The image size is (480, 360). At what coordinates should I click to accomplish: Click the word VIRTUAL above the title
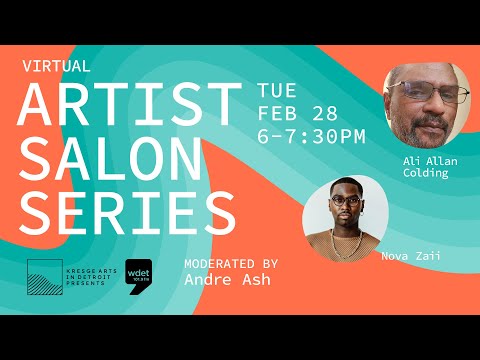(57, 66)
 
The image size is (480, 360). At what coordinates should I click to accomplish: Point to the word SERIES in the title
(126, 211)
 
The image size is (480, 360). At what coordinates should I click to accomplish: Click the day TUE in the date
(277, 90)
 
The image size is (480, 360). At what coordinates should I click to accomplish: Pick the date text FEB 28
(298, 112)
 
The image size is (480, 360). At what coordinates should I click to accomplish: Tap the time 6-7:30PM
(311, 135)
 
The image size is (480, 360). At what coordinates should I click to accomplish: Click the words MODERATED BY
(231, 264)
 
